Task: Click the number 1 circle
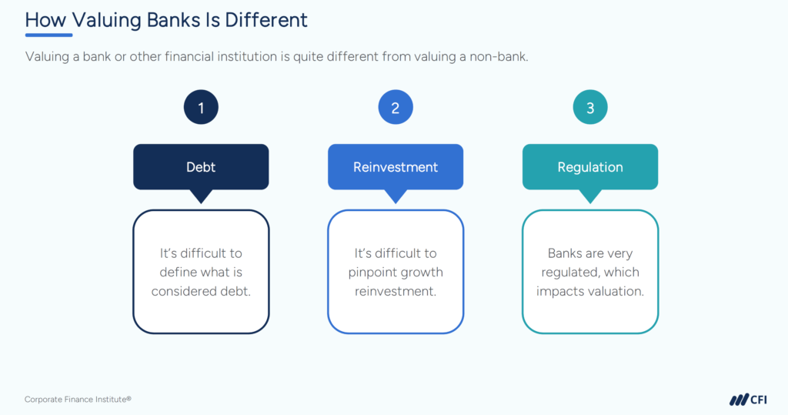(201, 109)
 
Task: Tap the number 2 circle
(396, 109)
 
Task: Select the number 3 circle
(590, 109)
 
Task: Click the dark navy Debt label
(201, 166)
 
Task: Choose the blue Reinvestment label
(396, 166)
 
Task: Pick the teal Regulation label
(590, 166)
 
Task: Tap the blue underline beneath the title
(48, 35)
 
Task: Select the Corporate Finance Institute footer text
(78, 400)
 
